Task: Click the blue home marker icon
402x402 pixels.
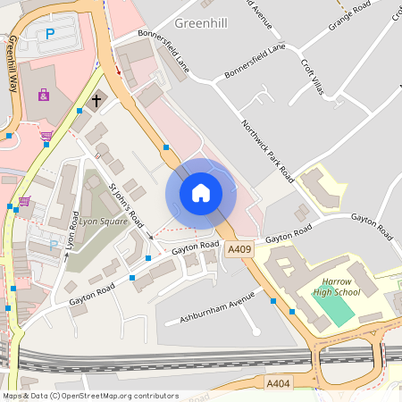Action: click(x=201, y=192)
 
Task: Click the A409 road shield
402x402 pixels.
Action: click(x=239, y=251)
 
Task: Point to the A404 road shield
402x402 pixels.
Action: click(x=278, y=381)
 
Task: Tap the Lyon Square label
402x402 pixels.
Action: click(x=102, y=220)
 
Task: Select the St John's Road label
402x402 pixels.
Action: click(x=126, y=205)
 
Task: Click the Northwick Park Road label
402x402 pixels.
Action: click(x=267, y=147)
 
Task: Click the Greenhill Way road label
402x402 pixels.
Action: click(x=12, y=66)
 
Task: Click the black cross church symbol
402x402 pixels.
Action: click(x=96, y=101)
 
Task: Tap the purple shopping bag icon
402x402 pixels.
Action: click(x=43, y=94)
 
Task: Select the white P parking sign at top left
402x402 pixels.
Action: click(x=49, y=35)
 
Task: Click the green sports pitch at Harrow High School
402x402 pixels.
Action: click(x=332, y=309)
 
